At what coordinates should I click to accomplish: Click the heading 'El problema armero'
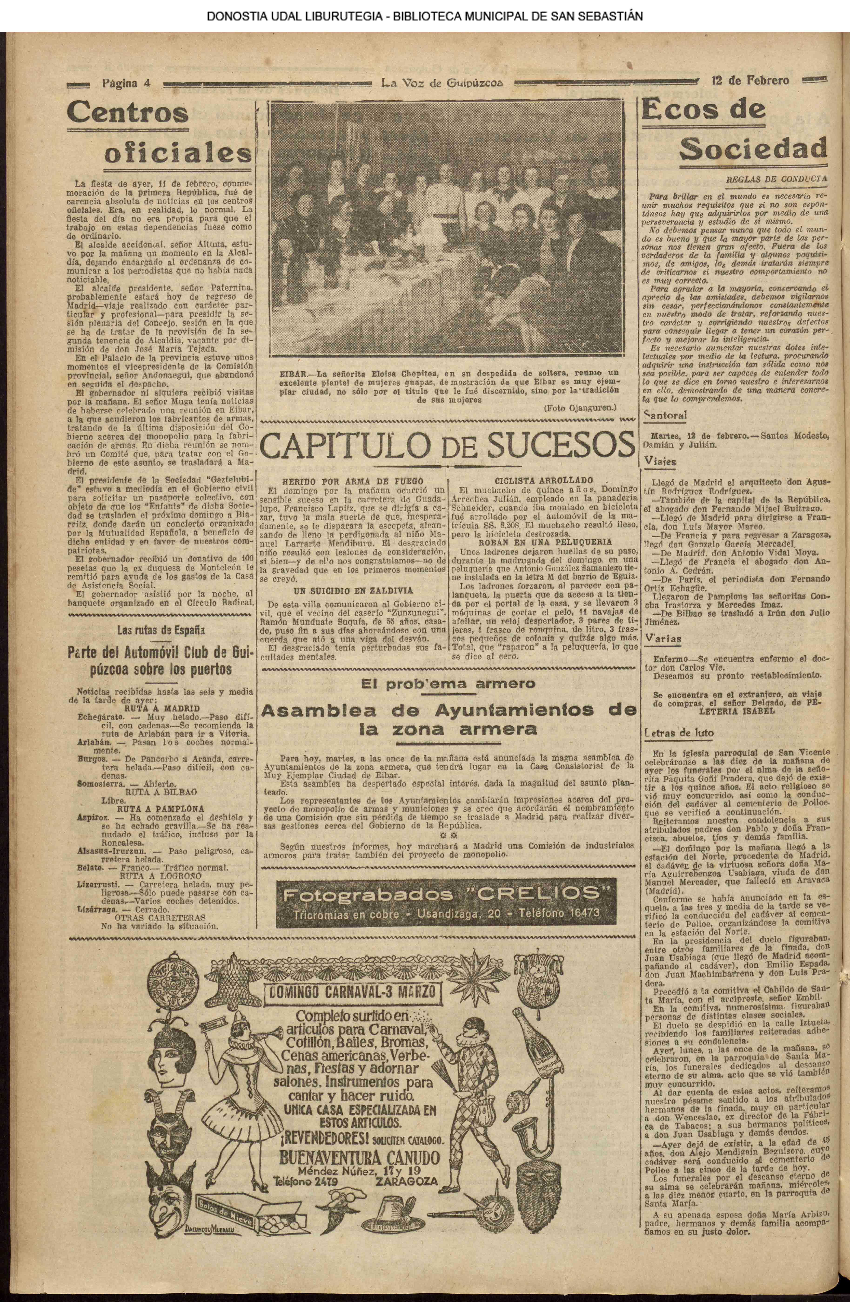pos(448,684)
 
